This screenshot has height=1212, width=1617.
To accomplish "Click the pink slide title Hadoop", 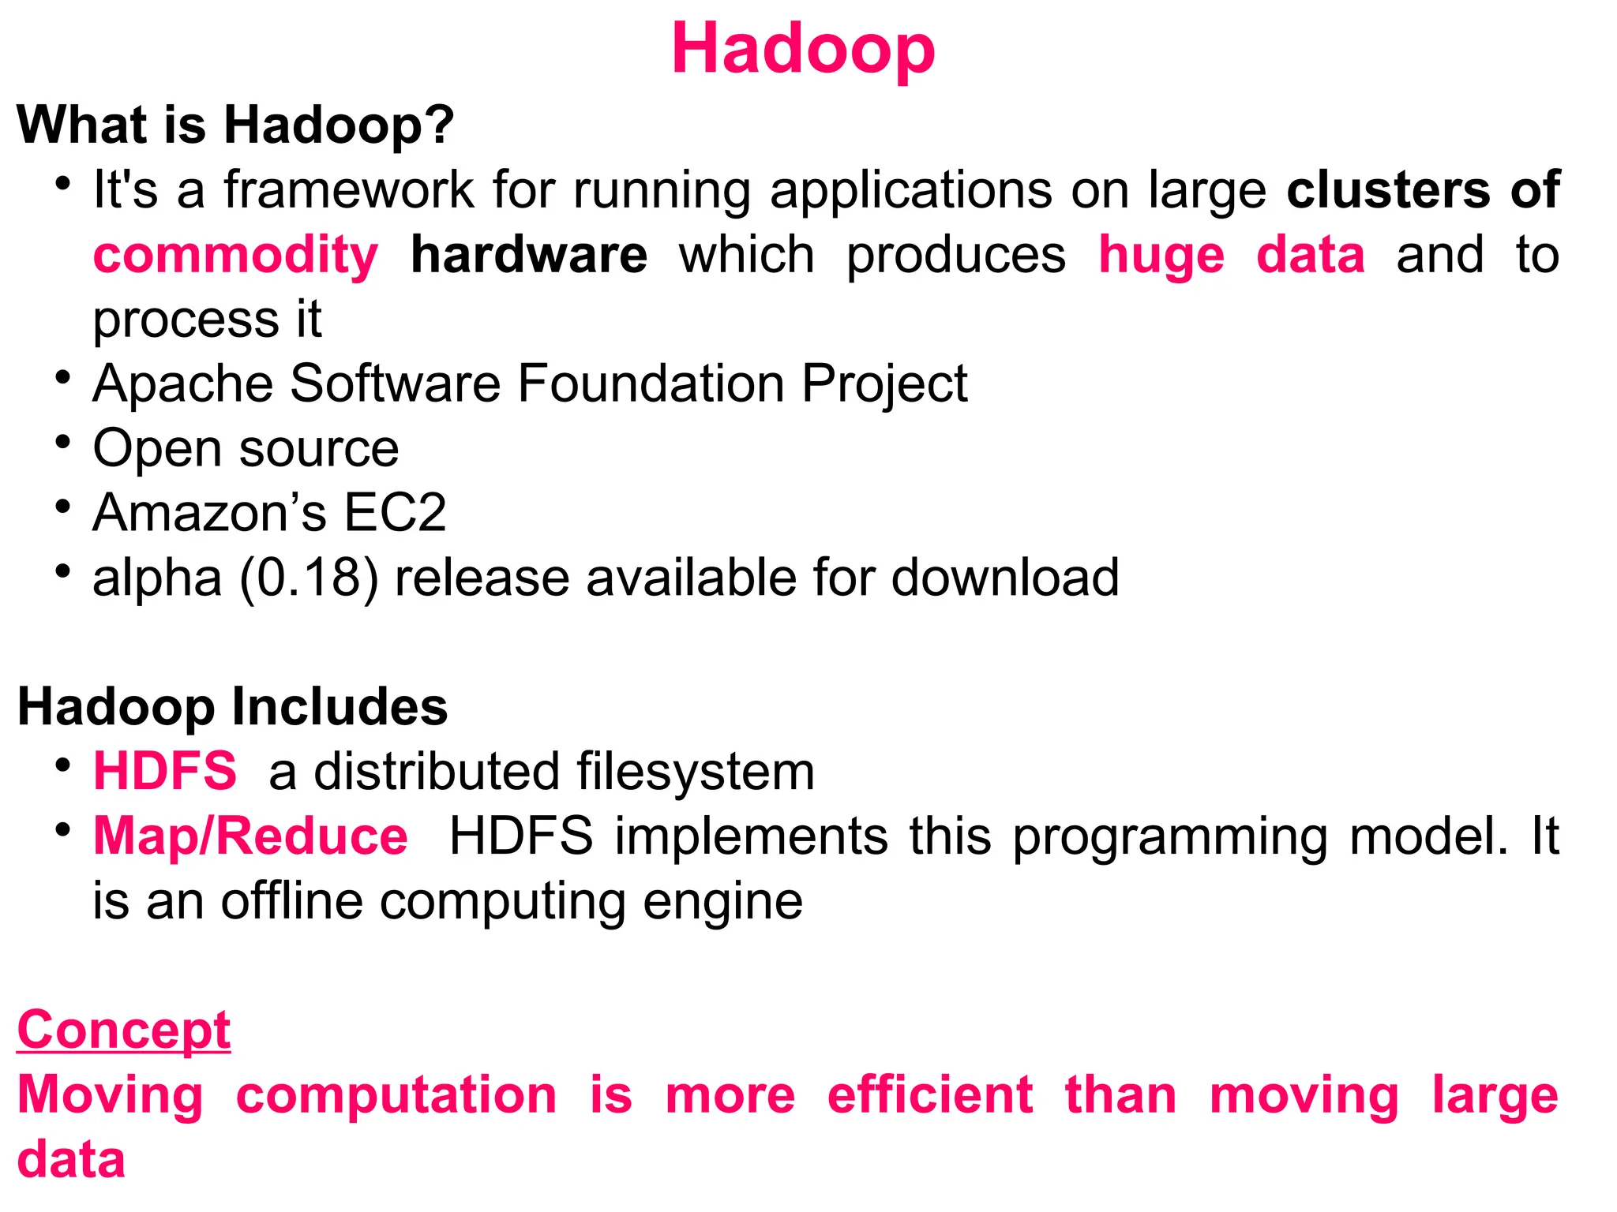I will coord(803,49).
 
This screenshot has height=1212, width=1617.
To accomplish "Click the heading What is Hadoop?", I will coord(235,125).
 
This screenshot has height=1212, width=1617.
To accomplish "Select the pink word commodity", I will coord(235,255).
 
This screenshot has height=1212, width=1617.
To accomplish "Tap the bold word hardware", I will coord(528,255).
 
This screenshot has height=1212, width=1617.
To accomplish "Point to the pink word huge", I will coord(1161,255).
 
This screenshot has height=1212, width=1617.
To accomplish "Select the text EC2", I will coord(395,513).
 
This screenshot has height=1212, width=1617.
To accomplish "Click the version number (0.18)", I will coord(309,578).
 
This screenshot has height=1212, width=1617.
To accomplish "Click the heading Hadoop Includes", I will coord(232,706).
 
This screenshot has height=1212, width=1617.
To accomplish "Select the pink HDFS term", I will coord(164,771).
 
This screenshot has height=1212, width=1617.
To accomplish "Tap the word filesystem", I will coord(695,771).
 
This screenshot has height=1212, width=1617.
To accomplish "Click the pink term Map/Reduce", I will coord(250,836).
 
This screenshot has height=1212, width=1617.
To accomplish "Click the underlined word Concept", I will coord(123,1030).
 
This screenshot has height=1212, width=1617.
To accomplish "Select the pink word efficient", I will coord(929,1095).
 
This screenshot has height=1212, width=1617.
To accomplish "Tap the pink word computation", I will coord(396,1095).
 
